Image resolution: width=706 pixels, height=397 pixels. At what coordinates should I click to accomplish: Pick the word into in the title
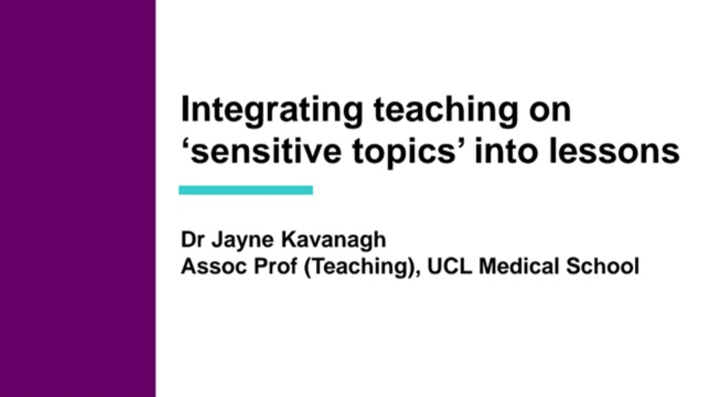click(506, 152)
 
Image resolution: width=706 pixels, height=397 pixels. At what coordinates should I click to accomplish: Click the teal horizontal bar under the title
click(245, 190)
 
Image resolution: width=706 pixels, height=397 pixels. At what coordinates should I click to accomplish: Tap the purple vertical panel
click(78, 198)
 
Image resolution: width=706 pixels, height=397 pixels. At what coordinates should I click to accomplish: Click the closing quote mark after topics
click(464, 144)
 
